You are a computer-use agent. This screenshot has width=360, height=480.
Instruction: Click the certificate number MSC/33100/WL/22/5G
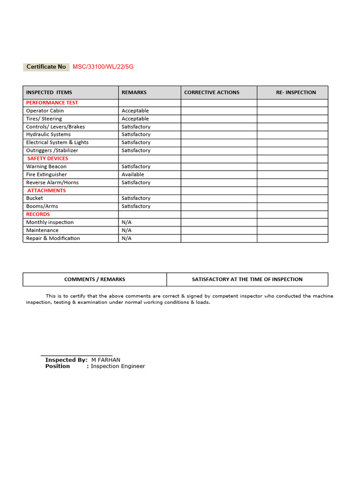103,67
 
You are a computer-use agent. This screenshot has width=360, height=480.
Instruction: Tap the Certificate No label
46,67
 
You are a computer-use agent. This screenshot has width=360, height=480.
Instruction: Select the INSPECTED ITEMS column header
49,92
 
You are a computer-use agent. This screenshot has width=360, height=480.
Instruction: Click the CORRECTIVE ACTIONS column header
212,92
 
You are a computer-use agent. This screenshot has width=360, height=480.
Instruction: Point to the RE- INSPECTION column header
296,92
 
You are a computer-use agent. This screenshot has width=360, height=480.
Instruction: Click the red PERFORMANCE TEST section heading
52,103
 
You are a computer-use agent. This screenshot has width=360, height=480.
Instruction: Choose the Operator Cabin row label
45,111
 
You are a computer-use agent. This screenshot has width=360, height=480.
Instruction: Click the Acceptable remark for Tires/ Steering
135,119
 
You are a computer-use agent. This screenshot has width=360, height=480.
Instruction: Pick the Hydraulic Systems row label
48,135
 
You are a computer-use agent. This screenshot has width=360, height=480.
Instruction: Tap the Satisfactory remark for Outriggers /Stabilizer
136,150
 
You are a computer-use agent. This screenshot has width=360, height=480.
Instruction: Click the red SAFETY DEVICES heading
48,158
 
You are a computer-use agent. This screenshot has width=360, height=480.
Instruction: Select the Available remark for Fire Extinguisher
133,174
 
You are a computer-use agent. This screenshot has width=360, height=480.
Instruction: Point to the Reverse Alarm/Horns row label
52,182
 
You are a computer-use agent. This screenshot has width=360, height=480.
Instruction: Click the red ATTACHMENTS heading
46,190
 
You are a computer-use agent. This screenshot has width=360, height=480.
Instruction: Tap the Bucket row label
34,198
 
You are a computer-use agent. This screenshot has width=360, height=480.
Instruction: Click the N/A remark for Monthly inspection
127,222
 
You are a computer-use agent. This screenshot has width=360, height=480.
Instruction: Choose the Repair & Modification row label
53,238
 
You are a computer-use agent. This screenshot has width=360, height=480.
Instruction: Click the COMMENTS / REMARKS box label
95,279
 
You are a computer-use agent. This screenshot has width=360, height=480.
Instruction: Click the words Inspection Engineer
118,366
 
